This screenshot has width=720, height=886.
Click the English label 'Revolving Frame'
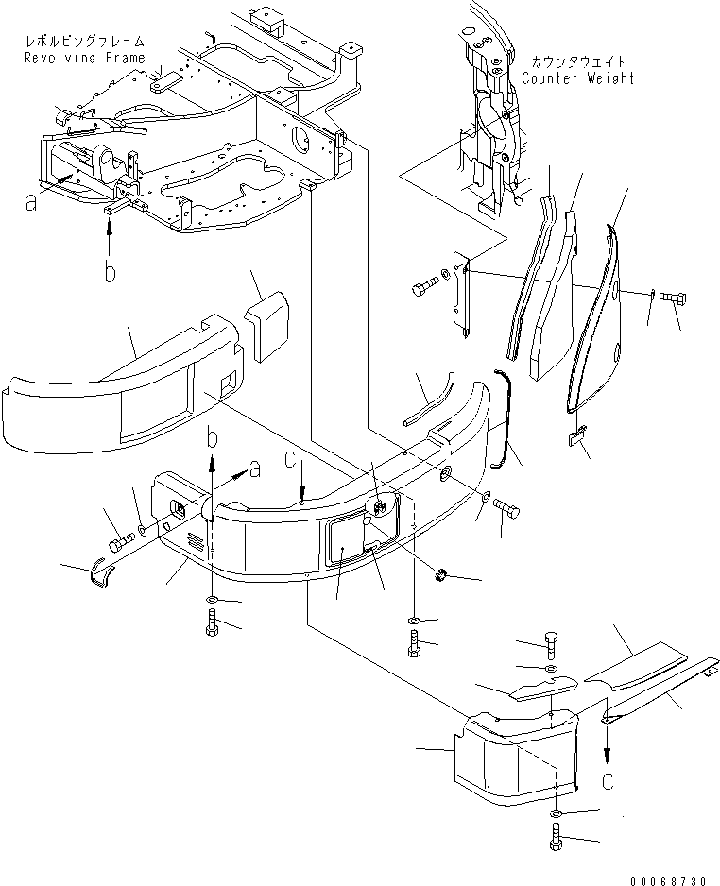[85, 58]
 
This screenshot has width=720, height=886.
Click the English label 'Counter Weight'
[577, 78]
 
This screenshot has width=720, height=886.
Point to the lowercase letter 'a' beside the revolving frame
[32, 201]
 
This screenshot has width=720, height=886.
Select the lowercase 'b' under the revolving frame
[111, 272]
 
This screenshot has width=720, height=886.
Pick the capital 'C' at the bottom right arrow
[609, 780]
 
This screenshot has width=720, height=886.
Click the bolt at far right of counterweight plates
[674, 298]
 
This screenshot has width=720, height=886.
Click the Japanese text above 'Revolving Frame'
[86, 43]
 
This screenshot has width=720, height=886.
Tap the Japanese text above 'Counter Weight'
[577, 62]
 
